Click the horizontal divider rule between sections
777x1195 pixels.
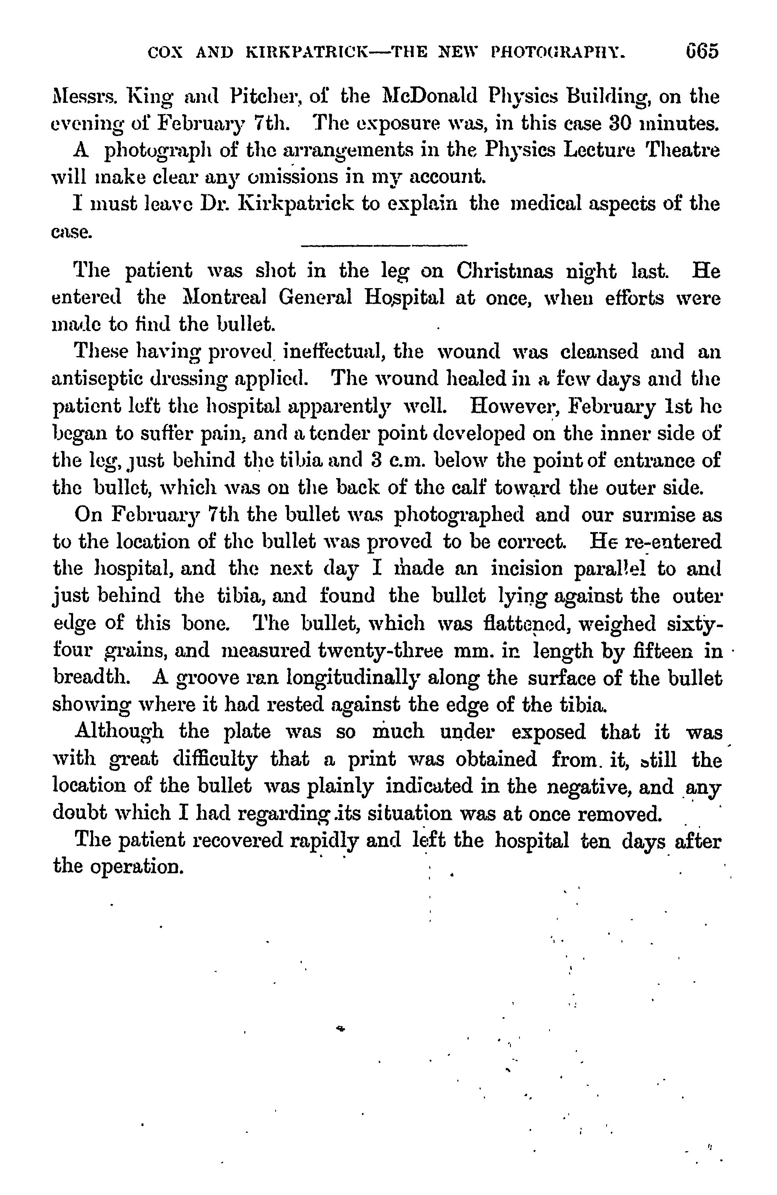[383, 245]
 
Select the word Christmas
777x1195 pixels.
[505, 272]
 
